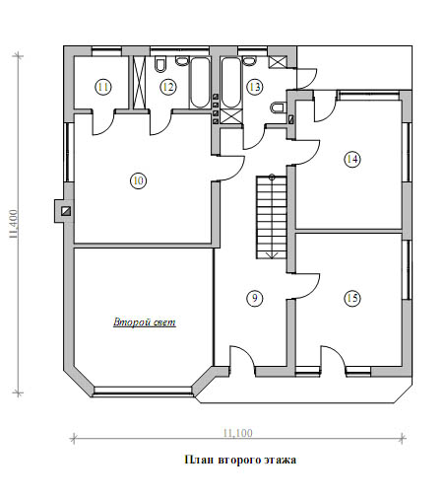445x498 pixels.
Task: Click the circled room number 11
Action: click(103, 87)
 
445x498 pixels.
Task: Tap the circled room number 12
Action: click(168, 87)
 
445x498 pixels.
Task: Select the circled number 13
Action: click(255, 87)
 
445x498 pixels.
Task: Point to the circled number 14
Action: click(352, 159)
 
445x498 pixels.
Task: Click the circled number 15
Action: click(352, 298)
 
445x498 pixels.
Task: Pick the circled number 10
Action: click(139, 180)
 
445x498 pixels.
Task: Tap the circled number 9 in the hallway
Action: click(255, 298)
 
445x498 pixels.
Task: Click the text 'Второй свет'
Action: click(145, 322)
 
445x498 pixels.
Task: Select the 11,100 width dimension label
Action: click(238, 433)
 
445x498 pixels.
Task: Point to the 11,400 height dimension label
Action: click(14, 224)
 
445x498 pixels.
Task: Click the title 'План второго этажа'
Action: click(240, 460)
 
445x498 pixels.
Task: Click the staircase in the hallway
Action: click(272, 217)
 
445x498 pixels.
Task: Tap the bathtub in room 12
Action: click(200, 83)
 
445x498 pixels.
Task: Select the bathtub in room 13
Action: click(231, 83)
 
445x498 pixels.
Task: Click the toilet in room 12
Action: click(160, 65)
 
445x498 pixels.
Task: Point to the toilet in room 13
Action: click(279, 107)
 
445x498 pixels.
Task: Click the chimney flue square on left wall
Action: click(66, 211)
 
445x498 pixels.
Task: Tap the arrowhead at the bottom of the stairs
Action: click(273, 255)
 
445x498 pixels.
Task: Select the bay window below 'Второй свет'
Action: click(143, 391)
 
